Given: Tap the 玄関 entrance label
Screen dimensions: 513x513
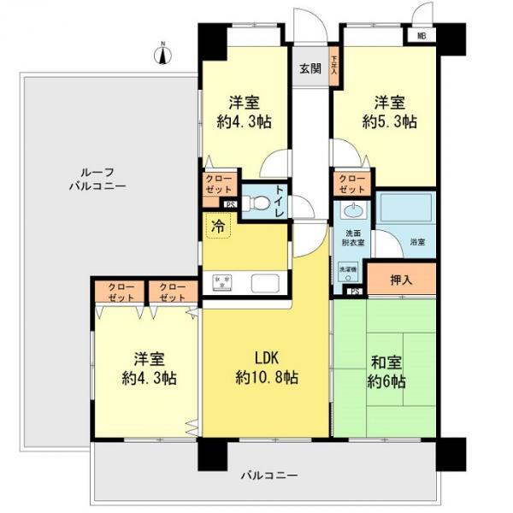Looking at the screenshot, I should [310, 69].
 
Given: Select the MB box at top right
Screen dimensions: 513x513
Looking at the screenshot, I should [421, 36].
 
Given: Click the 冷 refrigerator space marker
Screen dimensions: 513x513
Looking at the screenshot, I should [219, 227].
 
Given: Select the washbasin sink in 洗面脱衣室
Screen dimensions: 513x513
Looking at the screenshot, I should [351, 211].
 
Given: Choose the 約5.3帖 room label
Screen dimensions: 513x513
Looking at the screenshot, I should [390, 112].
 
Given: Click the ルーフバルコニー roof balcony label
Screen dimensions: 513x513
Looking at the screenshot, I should [98, 177].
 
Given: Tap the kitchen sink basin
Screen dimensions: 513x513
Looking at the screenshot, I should [262, 283].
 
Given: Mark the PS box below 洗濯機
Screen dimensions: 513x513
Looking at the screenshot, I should [353, 292].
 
